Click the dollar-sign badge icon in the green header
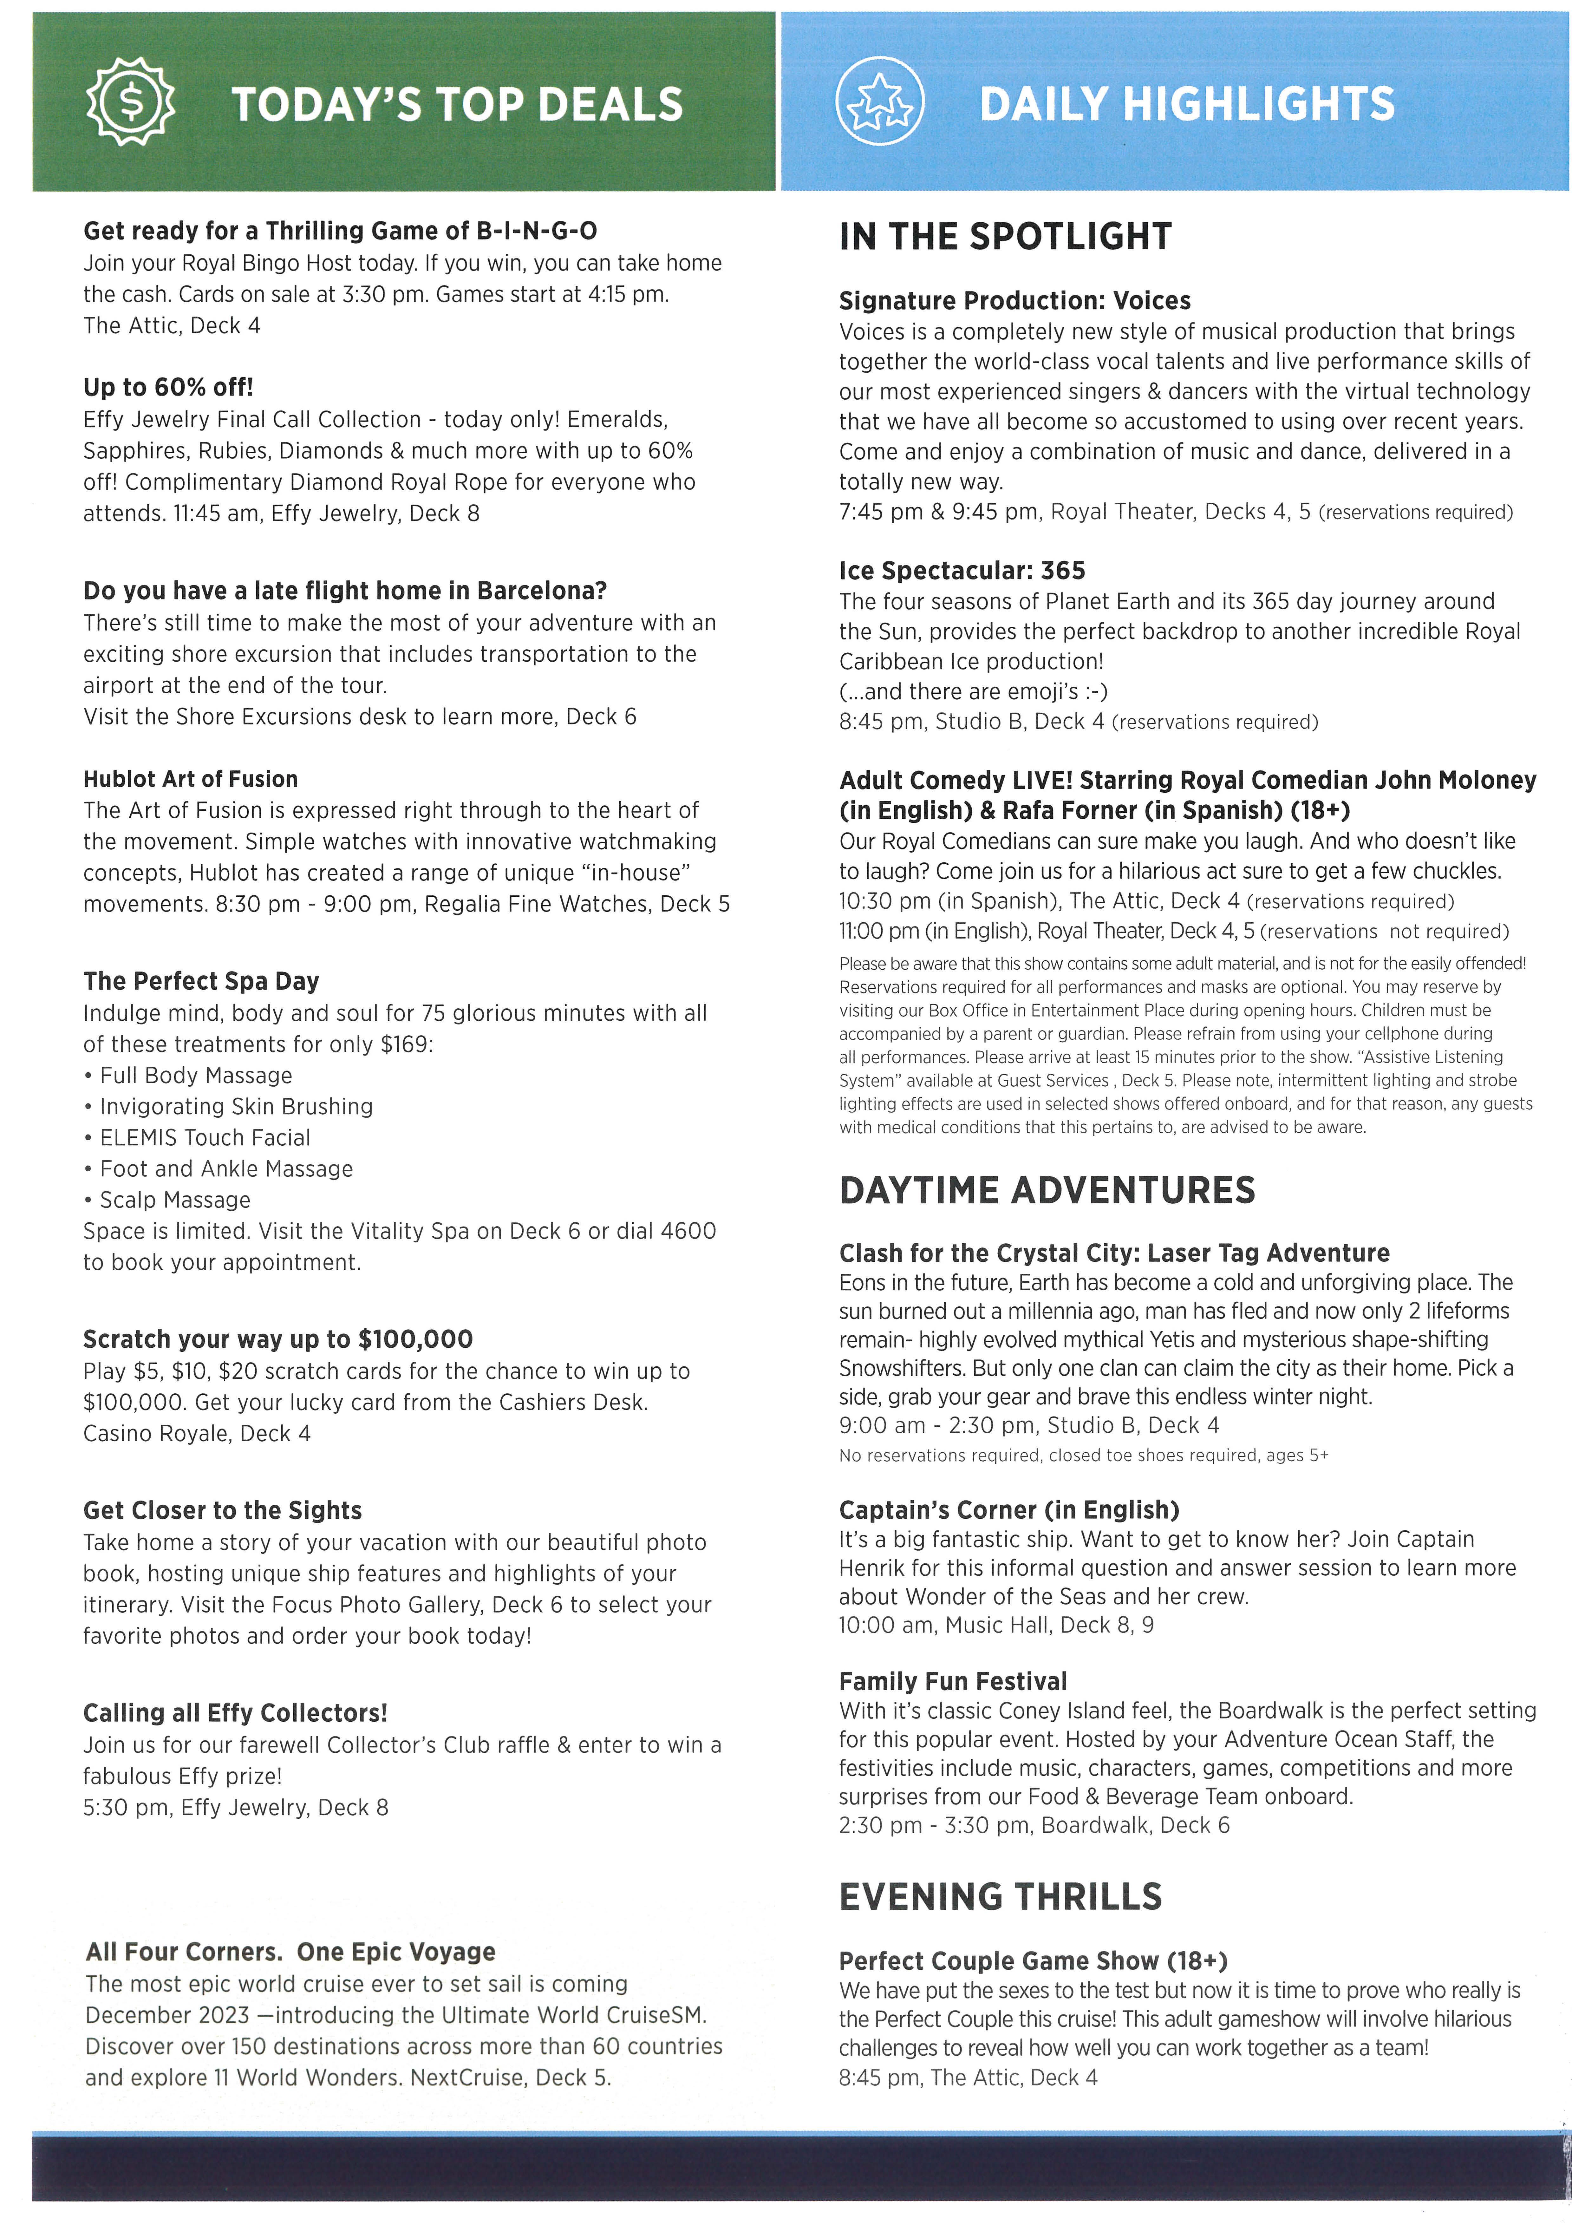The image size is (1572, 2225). click(131, 102)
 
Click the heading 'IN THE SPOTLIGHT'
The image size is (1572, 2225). click(1005, 236)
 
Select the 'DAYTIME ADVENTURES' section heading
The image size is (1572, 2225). click(1047, 1190)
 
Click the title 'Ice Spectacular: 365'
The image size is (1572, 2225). click(962, 571)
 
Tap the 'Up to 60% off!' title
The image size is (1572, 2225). click(168, 388)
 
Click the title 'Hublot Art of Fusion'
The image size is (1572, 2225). click(190, 779)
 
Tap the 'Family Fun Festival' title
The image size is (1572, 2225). click(953, 1681)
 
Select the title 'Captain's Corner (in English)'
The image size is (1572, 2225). click(1009, 1510)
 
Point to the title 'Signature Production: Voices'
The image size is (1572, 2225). click(1015, 300)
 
